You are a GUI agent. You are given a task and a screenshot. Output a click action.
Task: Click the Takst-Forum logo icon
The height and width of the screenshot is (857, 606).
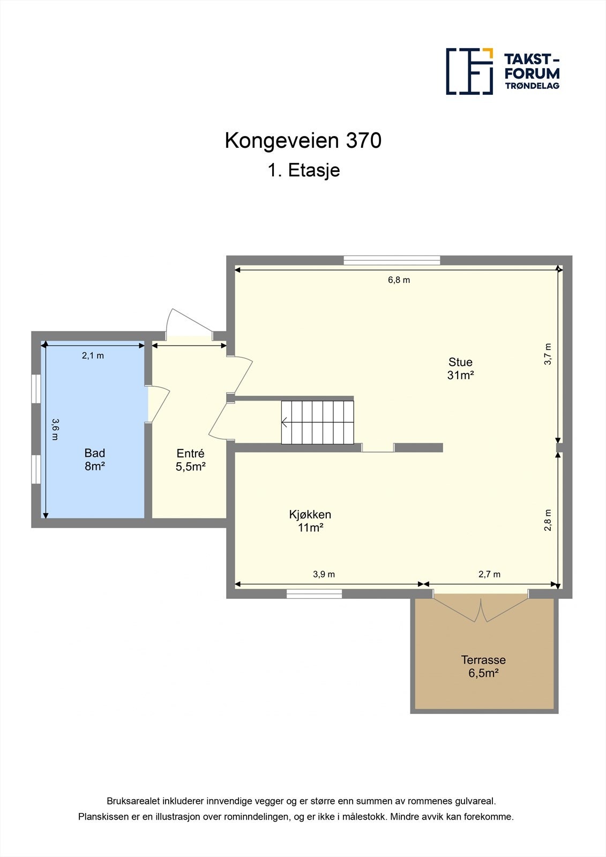pos(469,71)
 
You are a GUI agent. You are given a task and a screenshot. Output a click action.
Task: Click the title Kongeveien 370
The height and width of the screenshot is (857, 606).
pos(303,141)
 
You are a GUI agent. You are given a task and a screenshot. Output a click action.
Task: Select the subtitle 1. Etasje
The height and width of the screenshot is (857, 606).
pos(303,170)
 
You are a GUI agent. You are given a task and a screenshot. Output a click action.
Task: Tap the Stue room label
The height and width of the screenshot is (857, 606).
pos(460,369)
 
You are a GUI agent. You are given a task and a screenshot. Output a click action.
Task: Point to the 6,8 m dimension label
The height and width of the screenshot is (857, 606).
pos(399,280)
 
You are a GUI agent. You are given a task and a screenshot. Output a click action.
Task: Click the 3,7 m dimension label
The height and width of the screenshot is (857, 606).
pos(548,354)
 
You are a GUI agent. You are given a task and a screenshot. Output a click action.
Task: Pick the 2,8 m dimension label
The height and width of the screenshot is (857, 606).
pos(548,520)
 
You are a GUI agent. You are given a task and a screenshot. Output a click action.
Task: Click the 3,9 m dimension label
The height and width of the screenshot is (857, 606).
pos(324,574)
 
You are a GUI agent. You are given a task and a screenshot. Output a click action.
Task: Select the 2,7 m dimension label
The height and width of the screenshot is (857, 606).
pos(489,574)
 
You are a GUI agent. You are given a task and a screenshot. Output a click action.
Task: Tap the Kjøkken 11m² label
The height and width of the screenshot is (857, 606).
pos(310,521)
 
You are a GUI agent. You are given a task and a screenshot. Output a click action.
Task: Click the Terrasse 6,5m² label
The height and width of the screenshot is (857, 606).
pos(483,666)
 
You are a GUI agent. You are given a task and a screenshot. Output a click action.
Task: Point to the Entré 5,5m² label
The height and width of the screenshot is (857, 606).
pos(190,460)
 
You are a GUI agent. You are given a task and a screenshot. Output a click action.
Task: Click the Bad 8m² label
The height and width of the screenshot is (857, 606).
pos(94,460)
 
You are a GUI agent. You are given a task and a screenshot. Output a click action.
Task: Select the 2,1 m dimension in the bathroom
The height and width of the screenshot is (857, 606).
pos(93,356)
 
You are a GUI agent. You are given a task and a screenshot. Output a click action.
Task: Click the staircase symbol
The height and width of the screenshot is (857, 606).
pos(318,422)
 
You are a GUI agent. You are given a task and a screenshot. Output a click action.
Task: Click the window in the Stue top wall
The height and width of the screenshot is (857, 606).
pos(392,260)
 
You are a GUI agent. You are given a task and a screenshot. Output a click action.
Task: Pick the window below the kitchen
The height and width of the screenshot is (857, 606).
pos(314,593)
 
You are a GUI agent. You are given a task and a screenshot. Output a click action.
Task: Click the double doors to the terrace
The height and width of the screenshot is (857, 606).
pos(481,608)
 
